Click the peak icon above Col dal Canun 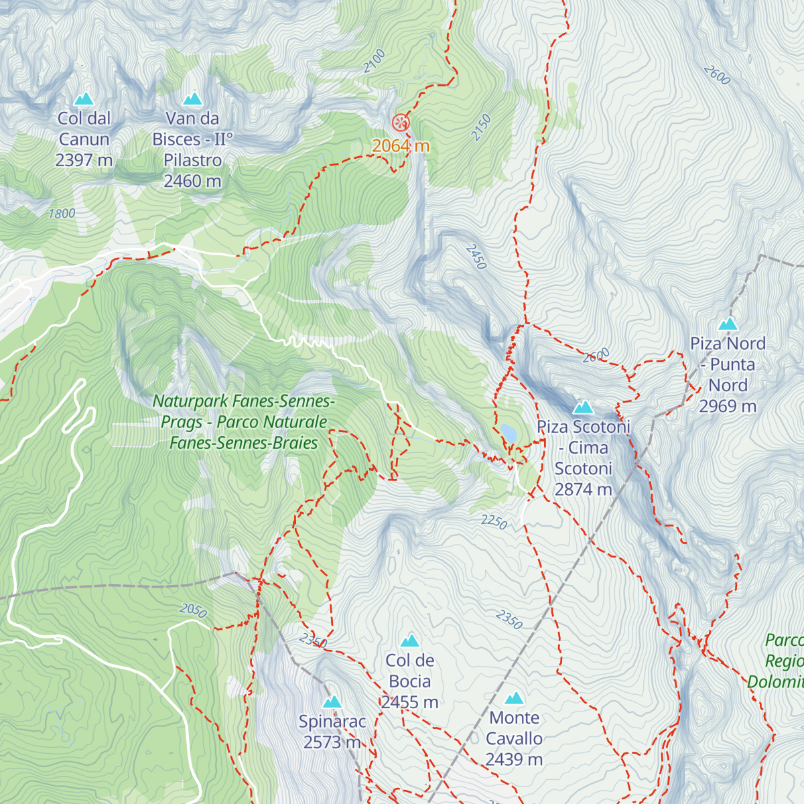coord(84,99)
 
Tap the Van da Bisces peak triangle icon coord(192,99)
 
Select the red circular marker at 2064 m coord(400,123)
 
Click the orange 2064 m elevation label coord(401,145)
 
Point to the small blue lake coord(508,434)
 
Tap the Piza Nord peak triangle coord(728,324)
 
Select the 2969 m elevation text coord(728,406)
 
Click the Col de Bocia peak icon coord(409,641)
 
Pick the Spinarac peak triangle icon coord(332,701)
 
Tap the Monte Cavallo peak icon coord(514,698)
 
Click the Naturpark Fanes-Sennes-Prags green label coord(244,422)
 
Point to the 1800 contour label coord(62,214)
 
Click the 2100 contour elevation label coord(375,61)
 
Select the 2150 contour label coord(481,127)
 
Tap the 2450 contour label coord(476,257)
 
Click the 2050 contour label coord(193,610)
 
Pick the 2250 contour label coord(494,521)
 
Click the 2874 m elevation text coord(583,490)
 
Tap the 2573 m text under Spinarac coord(332,742)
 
